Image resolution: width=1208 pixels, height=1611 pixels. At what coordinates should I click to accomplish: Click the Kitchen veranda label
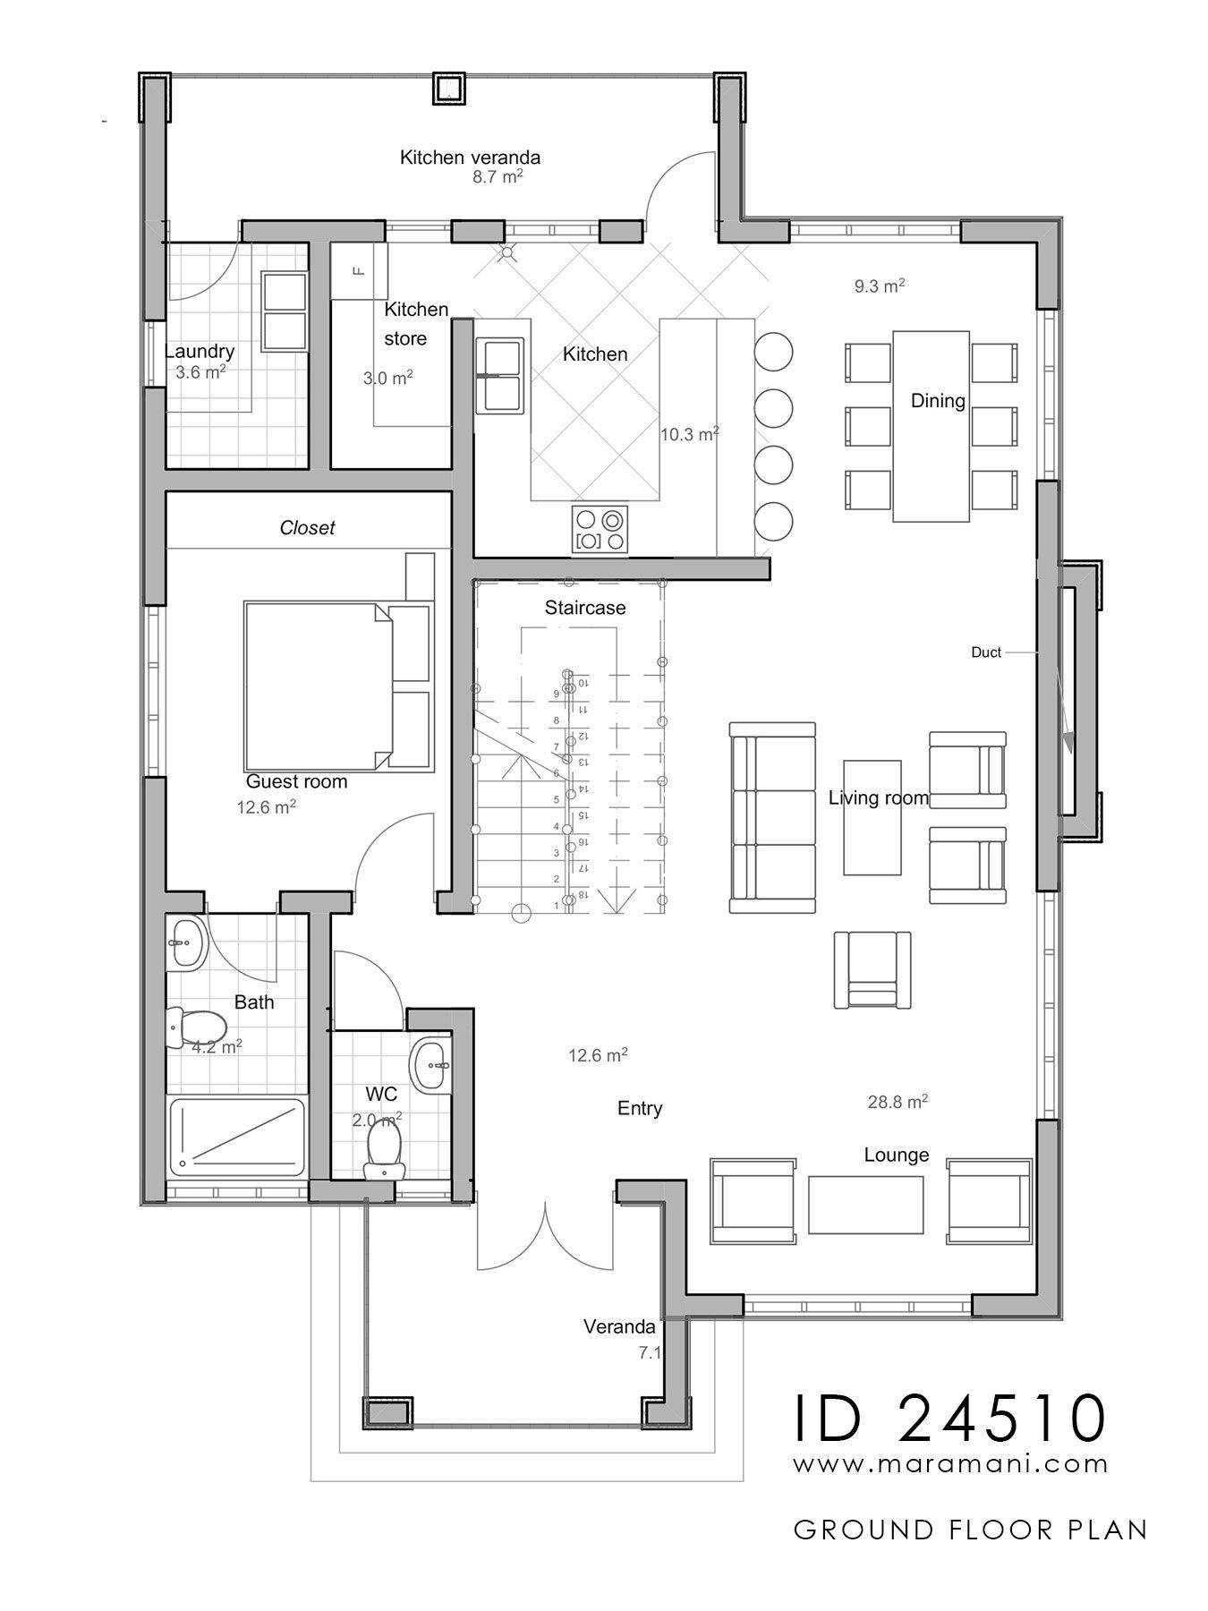point(470,158)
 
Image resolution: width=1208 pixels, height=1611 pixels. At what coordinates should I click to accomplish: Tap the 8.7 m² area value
point(498,177)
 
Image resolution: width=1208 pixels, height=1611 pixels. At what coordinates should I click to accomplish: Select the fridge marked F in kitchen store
point(360,270)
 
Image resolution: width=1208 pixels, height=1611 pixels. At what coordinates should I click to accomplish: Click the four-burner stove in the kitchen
point(600,529)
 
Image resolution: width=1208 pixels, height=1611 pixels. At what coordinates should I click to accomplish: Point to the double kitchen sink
point(499,375)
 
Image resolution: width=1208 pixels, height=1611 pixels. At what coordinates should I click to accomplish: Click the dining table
point(931,426)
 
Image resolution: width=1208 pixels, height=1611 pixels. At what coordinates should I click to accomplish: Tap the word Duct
point(985,652)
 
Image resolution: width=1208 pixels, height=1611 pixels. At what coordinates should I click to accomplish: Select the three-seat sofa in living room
point(773,817)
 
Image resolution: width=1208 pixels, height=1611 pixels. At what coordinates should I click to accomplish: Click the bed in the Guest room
point(318,686)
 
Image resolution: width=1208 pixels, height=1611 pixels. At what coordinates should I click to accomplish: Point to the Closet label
point(307,528)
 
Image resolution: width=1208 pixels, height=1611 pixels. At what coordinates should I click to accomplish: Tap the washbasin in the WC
point(432,1065)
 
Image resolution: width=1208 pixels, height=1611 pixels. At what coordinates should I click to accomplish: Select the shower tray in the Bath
point(238,1138)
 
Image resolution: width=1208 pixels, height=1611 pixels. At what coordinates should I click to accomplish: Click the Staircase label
point(585,608)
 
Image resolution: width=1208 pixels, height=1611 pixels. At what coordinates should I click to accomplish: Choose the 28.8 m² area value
point(897,1102)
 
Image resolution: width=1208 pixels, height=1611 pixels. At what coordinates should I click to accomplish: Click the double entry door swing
point(546,1240)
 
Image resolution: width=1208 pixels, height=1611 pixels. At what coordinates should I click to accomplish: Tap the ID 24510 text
point(951,1417)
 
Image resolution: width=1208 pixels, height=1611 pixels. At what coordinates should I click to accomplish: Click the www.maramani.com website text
point(951,1464)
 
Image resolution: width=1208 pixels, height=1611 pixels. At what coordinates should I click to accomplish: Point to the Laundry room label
point(200,352)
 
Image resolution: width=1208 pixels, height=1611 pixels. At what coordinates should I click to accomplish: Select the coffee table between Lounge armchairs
point(865,1204)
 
